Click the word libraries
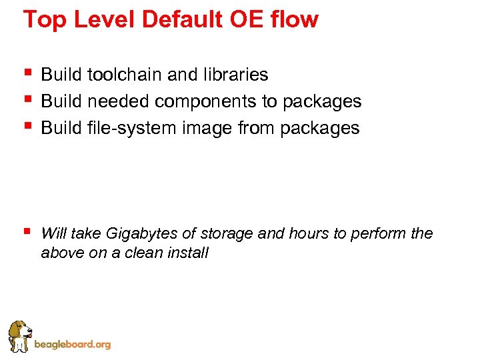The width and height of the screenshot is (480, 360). (235, 75)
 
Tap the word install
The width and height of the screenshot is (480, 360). (189, 253)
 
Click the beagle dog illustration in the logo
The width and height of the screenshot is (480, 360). (19, 335)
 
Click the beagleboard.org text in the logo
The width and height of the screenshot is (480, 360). (72, 345)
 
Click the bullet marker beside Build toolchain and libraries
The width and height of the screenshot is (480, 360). (27, 72)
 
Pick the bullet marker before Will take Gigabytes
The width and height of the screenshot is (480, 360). (27, 231)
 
